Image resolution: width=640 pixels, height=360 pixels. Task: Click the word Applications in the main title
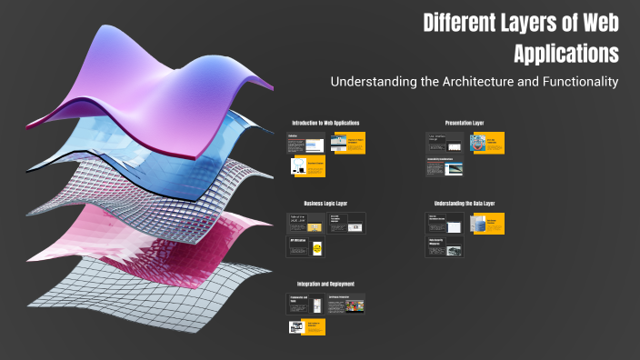click(566, 53)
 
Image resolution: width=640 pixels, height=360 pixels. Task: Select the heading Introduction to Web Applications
click(325, 123)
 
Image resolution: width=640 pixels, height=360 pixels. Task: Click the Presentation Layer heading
click(465, 123)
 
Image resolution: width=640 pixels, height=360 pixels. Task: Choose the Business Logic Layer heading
click(325, 204)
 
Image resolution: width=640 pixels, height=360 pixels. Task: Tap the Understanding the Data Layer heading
click(465, 204)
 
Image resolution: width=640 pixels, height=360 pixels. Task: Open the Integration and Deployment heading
click(325, 285)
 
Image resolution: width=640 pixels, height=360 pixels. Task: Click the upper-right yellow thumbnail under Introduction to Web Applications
click(348, 143)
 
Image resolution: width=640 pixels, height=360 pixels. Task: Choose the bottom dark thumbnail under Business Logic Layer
click(305, 246)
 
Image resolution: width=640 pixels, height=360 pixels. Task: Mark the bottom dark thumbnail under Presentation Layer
click(445, 165)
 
